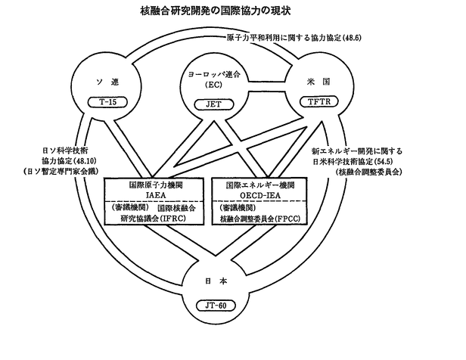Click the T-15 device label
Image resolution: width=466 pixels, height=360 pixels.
(107, 102)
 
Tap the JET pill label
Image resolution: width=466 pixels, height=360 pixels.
(214, 104)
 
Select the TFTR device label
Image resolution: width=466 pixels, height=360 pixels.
(319, 102)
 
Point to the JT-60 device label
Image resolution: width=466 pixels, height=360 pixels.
(216, 306)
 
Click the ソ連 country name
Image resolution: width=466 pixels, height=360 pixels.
(107, 82)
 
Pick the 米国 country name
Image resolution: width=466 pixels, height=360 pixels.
(318, 82)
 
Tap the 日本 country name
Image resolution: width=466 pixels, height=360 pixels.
(216, 281)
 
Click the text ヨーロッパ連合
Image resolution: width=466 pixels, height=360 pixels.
(213, 74)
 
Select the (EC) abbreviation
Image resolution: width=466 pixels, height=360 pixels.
(213, 85)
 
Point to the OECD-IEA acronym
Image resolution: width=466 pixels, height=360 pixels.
(260, 195)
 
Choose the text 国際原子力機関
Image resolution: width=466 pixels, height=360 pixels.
(156, 185)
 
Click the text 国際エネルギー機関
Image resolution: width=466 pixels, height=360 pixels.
(260, 185)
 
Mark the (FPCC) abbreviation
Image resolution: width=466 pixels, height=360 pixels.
(287, 219)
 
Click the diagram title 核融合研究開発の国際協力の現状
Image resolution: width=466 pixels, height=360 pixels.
(216, 11)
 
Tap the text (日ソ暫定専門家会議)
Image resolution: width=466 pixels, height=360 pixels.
(61, 172)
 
